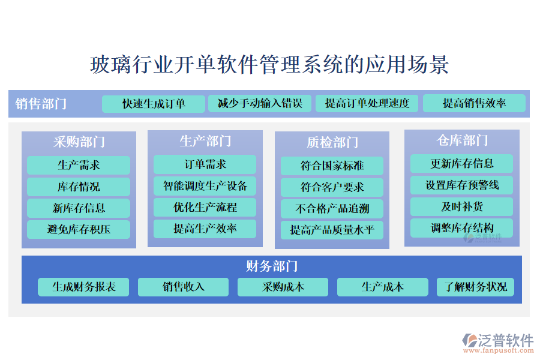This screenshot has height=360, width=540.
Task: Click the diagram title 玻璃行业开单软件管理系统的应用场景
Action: click(269, 64)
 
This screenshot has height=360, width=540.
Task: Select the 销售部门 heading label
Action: click(41, 104)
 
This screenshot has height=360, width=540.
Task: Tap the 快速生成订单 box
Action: click(154, 104)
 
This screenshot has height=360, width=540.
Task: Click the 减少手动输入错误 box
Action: click(260, 104)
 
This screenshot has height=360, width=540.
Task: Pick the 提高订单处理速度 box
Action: click(367, 104)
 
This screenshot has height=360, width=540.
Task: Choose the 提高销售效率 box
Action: click(474, 104)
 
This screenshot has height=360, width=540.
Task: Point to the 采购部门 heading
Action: click(79, 142)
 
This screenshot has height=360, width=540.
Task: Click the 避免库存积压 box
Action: click(79, 229)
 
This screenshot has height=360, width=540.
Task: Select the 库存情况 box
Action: click(79, 187)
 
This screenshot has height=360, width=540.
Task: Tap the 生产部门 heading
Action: click(205, 141)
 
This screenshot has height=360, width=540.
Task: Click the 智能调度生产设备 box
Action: click(205, 186)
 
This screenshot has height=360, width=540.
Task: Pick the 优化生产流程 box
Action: click(205, 208)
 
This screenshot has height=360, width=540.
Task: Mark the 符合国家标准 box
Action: click(332, 166)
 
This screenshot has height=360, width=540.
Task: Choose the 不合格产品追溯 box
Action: click(332, 209)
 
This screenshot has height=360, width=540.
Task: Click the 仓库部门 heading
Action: click(462, 140)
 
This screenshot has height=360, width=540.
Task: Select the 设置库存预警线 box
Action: click(462, 185)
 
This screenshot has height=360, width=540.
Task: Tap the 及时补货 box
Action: click(462, 206)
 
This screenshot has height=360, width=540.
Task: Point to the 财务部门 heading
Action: click(272, 266)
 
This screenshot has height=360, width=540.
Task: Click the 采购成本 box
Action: click(283, 287)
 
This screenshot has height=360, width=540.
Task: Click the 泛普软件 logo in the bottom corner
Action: click(498, 343)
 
